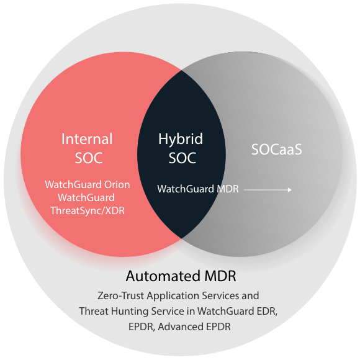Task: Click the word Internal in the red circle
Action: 87,139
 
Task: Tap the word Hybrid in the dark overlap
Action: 181,140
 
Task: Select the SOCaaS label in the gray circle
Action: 276,150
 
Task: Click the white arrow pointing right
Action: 268,190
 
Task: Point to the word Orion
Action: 117,185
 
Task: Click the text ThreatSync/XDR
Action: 88,211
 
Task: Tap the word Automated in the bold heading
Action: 163,276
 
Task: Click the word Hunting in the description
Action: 130,312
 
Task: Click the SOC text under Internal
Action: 89,158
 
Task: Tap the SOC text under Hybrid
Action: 182,158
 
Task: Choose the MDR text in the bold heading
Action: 220,276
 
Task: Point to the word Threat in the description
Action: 94,312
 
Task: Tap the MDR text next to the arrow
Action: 228,189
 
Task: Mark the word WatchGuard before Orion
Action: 73,185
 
